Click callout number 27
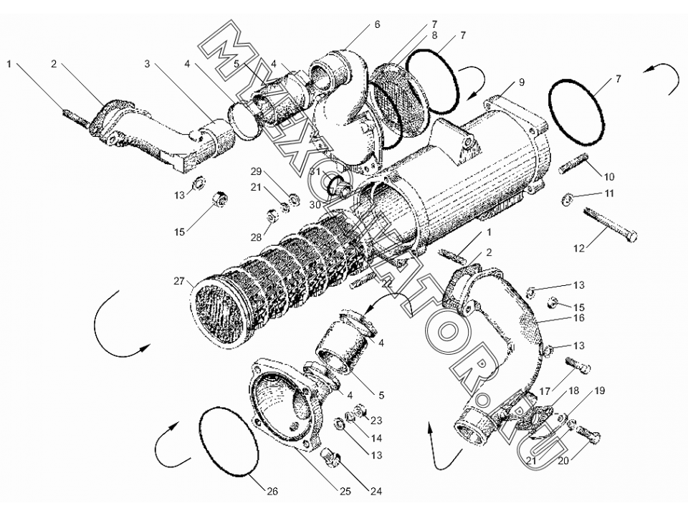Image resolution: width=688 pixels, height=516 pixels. pos(178,281)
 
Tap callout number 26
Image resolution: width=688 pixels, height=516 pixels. pos(272,491)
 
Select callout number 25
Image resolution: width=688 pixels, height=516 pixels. pos(345,491)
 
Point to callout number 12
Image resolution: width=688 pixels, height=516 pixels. pos(579,249)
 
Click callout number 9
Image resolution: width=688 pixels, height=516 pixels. pos(521,82)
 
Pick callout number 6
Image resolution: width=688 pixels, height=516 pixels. pos(378,24)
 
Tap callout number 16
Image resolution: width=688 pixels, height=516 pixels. pos(579,317)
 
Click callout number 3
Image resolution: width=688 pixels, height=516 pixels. pos(147,64)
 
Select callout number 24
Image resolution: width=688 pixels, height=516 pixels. pos(376,491)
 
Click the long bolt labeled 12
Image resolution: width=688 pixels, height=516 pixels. pos(611,225)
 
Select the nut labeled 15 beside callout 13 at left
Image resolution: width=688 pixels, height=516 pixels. pos(220,199)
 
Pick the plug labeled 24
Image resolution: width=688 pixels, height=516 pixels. pos(332,458)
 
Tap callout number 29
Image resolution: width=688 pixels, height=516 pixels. pos(257,171)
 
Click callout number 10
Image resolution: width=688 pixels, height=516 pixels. pos(609,177)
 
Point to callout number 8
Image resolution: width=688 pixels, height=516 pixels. pos(434,36)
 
